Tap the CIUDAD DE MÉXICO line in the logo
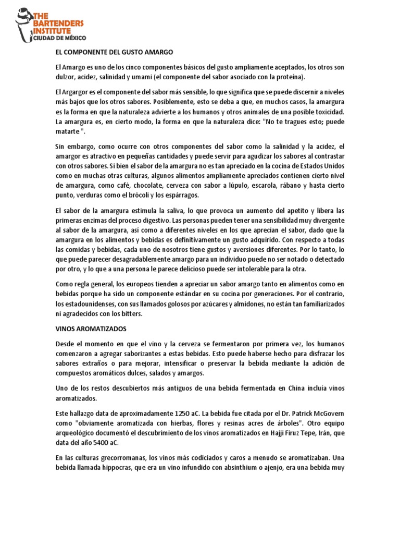(60, 38)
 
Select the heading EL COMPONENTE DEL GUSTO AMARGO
(114, 53)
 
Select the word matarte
(68, 131)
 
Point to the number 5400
(97, 442)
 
